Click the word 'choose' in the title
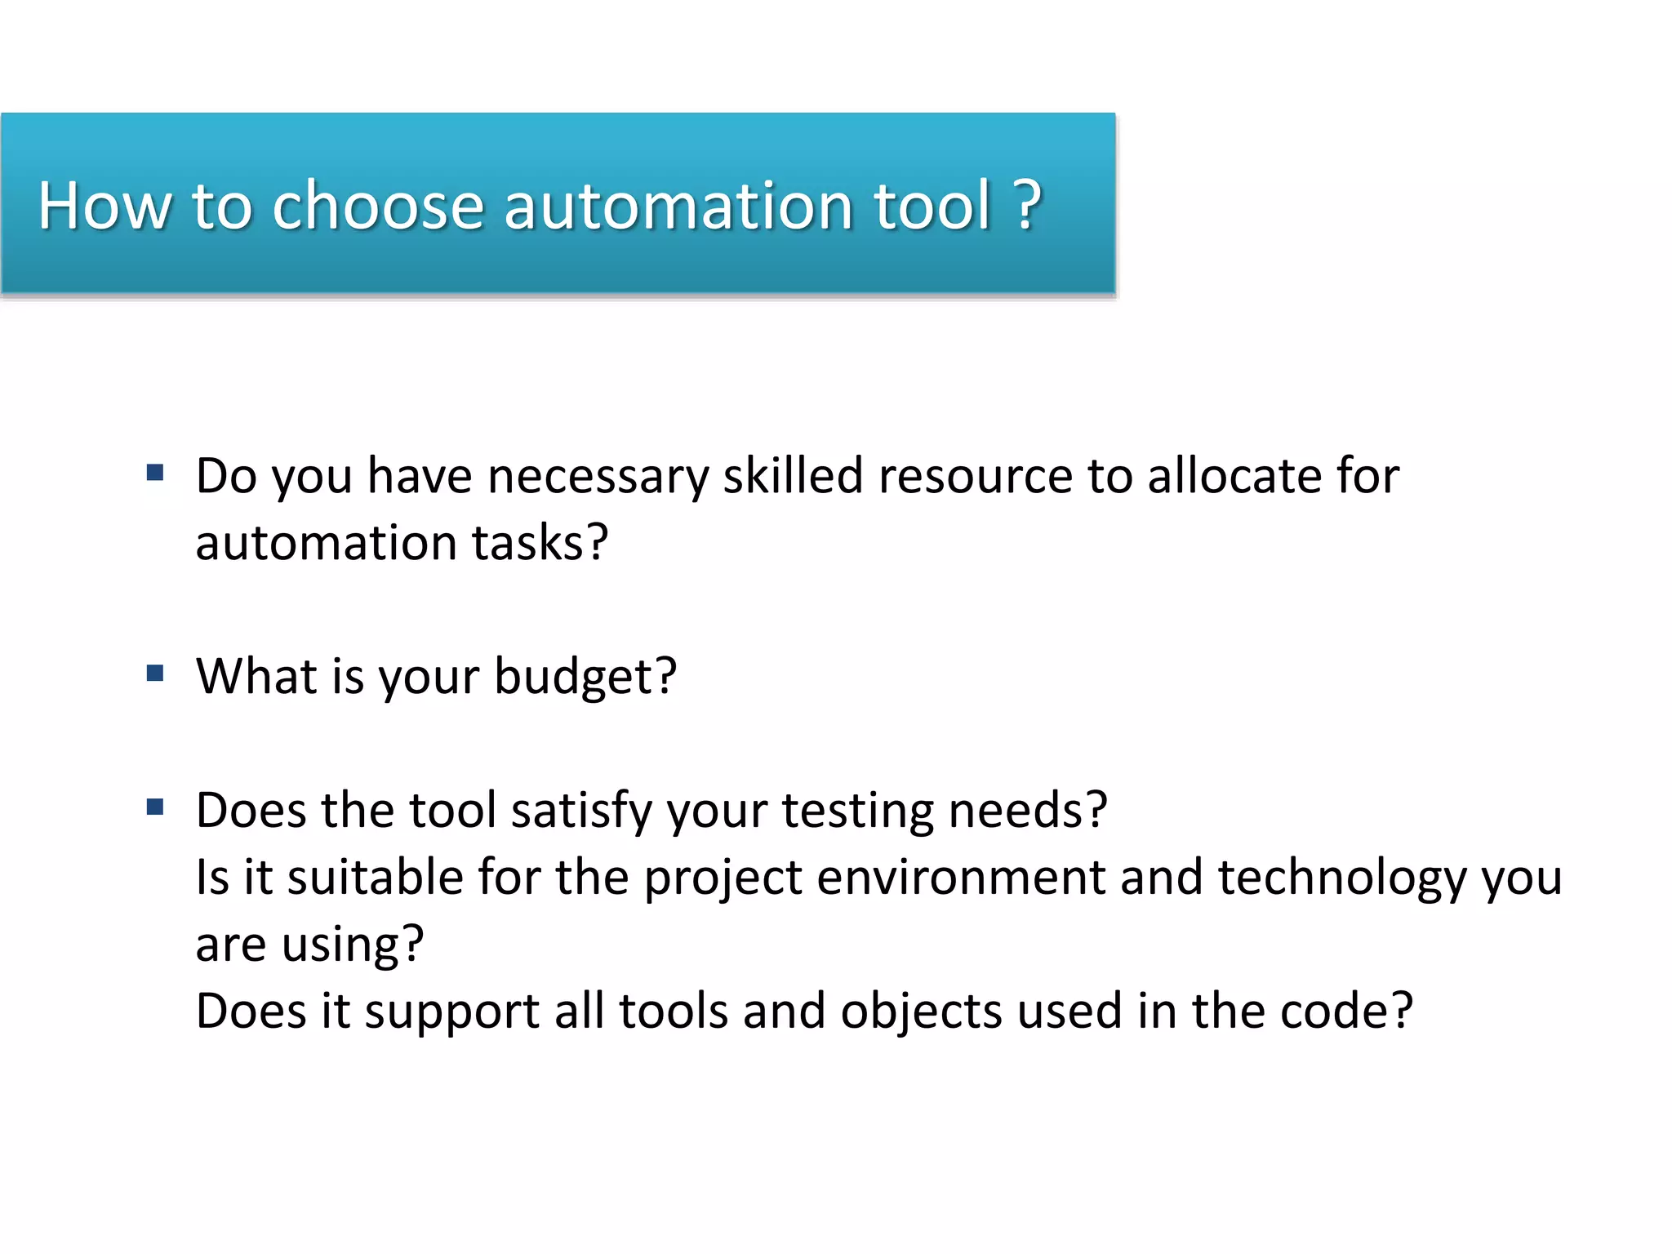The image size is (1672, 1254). tap(378, 205)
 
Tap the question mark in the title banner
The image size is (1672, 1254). tap(1028, 205)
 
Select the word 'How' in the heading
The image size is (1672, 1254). tap(104, 205)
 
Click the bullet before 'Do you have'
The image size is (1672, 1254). tap(155, 473)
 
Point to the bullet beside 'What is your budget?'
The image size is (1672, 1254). tap(155, 674)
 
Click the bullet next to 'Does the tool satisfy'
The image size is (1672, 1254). tap(155, 807)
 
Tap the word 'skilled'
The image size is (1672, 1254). tap(793, 476)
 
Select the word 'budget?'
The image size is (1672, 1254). tap(585, 677)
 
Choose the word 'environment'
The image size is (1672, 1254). tap(960, 878)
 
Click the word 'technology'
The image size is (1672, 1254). tap(1342, 878)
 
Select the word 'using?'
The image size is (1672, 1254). tap(353, 945)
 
